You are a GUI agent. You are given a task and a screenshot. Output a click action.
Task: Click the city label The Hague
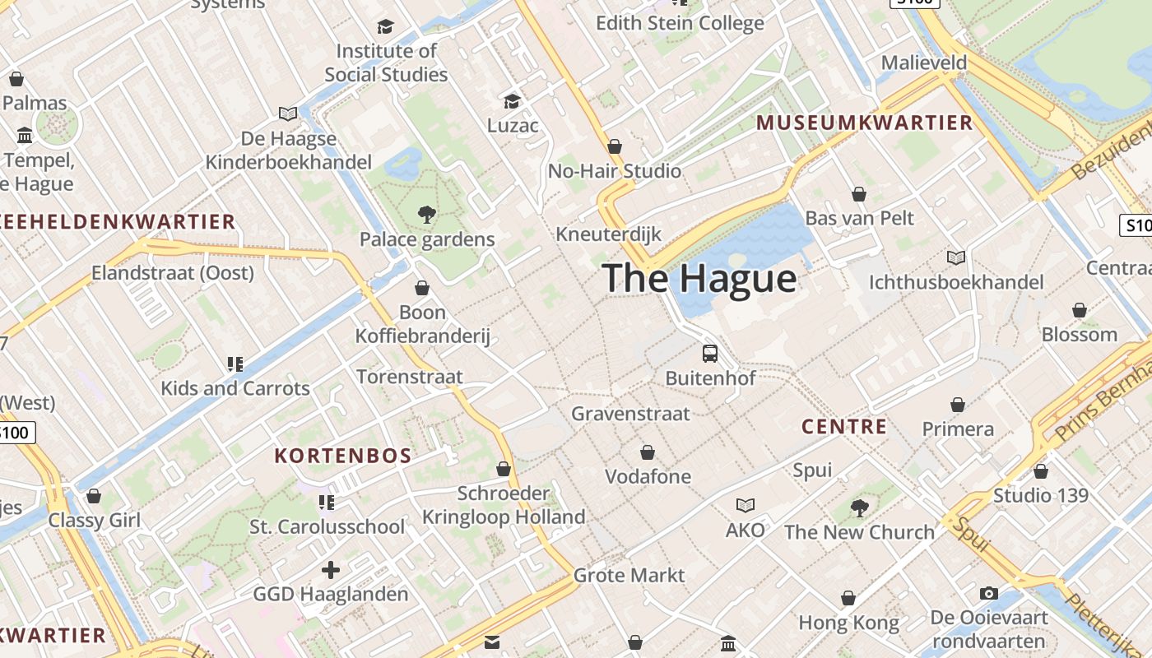[x=699, y=278]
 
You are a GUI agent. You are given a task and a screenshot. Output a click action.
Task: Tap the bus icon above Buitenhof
[x=710, y=354]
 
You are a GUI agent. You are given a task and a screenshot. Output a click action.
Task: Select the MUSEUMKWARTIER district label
[x=864, y=123]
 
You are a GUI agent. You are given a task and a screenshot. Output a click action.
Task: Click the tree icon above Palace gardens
[x=426, y=215]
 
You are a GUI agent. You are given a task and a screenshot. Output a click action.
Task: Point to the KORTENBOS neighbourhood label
[x=343, y=456]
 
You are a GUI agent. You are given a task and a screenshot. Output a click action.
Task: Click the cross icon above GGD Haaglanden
[x=331, y=570]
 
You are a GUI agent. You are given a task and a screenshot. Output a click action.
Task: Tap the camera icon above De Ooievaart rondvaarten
[x=988, y=593]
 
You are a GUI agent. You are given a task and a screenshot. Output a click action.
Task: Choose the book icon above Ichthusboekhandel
[x=955, y=258]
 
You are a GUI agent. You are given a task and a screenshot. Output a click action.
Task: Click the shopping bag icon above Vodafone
[x=648, y=452]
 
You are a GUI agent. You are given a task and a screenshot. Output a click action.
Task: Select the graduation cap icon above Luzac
[x=512, y=101]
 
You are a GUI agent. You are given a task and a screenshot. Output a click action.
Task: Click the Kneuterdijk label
[x=608, y=234]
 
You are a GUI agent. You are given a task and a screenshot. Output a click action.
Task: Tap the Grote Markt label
[x=629, y=575]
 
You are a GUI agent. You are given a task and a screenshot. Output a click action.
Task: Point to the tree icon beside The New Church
[x=860, y=508]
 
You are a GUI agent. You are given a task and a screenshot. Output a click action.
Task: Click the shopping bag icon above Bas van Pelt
[x=859, y=194]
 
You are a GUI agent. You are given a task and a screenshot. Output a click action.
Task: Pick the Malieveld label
[x=924, y=63]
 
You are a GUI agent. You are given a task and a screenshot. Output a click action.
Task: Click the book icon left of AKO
[x=746, y=505]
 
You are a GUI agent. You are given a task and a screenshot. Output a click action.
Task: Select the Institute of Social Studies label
[x=386, y=63]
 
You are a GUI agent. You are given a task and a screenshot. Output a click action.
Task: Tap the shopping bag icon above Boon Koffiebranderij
[x=422, y=288]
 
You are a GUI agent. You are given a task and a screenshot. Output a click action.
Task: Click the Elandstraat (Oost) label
[x=173, y=272]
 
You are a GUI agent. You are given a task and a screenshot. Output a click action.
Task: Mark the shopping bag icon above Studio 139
[x=1041, y=471]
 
